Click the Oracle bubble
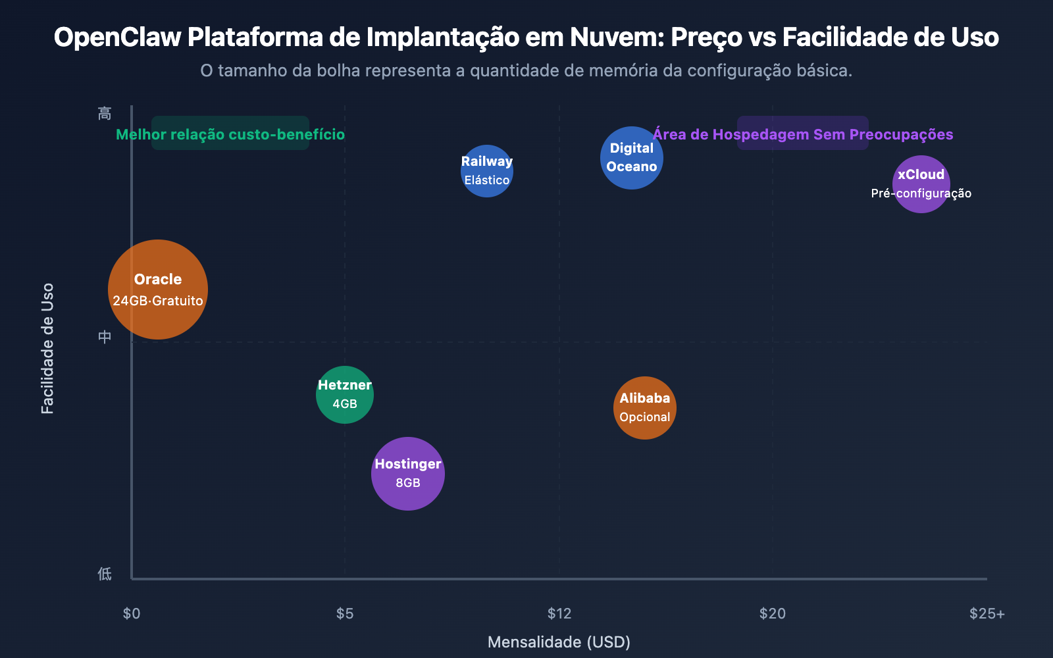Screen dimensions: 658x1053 point(158,290)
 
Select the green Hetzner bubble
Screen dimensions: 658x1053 point(345,394)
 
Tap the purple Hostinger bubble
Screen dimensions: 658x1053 point(408,473)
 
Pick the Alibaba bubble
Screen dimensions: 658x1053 point(645,407)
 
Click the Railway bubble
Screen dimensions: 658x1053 point(487,170)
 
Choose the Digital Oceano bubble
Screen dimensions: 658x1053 point(632,157)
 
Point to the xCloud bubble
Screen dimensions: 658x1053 point(921,184)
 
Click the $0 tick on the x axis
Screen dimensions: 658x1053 point(132,613)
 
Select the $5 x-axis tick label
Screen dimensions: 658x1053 point(345,613)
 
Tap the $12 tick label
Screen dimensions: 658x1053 point(559,613)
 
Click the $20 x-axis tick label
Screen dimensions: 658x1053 point(773,613)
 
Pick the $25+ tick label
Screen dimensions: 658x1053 point(987,613)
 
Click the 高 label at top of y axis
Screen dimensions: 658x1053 point(105,113)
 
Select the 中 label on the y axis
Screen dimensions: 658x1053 point(105,337)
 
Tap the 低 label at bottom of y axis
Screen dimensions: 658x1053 point(105,574)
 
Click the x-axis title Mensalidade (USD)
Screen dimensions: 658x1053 point(559,642)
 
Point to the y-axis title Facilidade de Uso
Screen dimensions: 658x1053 point(47,348)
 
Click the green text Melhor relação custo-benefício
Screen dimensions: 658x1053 point(230,134)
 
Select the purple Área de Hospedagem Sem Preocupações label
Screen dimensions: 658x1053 point(803,134)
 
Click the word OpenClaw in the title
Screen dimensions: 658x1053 point(117,38)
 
